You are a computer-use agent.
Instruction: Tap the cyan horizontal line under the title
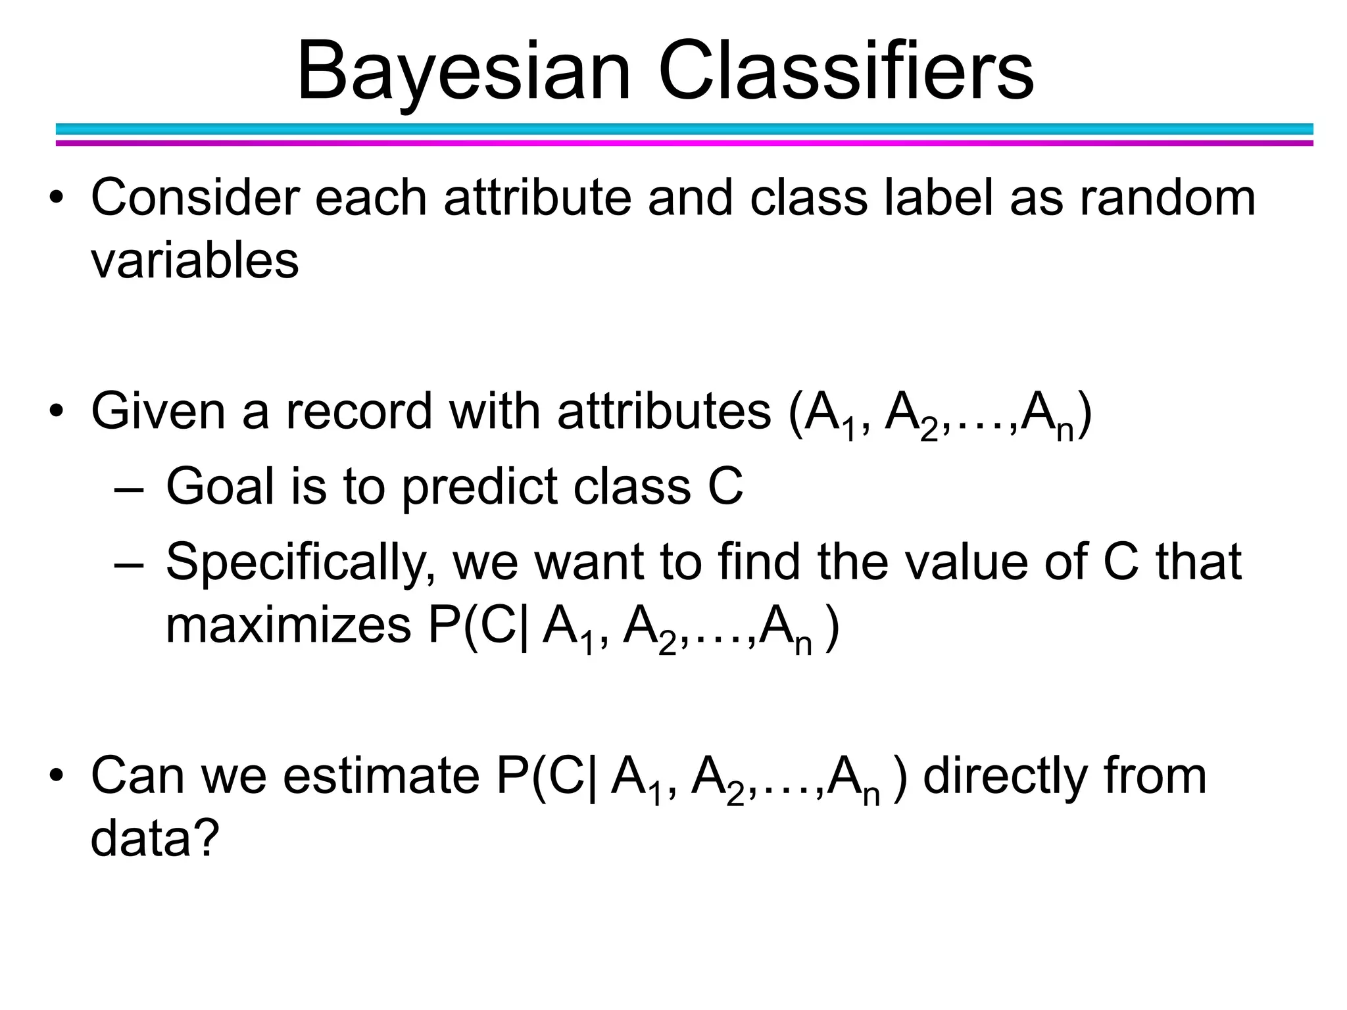(x=684, y=129)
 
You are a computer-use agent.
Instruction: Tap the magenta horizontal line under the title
(x=684, y=143)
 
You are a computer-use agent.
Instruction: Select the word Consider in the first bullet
(x=195, y=197)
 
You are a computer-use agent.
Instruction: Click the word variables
(x=195, y=261)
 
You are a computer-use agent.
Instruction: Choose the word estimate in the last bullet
(x=381, y=777)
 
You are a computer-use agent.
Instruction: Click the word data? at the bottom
(x=154, y=839)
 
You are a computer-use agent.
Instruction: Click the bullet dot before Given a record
(x=57, y=411)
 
